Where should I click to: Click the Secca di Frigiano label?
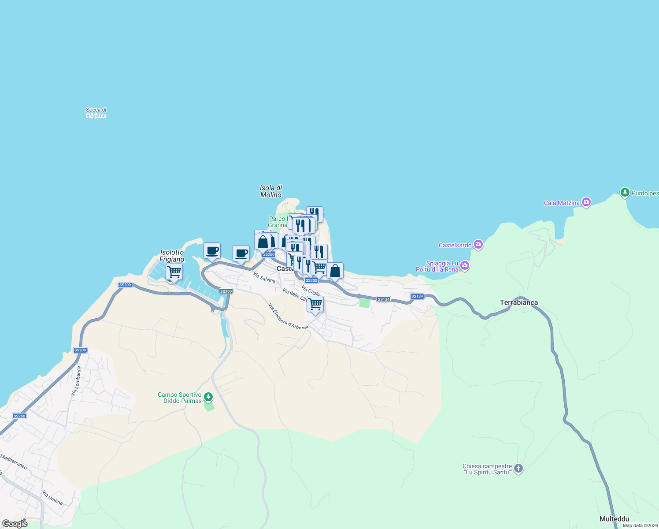pyautogui.click(x=96, y=113)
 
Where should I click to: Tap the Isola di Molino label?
pyautogui.click(x=271, y=191)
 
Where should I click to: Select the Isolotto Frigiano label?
pyautogui.click(x=172, y=256)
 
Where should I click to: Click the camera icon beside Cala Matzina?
pyautogui.click(x=586, y=202)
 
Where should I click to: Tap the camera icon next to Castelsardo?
pyautogui.click(x=478, y=245)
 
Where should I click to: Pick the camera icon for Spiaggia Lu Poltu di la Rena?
pyautogui.click(x=465, y=266)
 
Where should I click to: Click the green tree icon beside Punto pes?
pyautogui.click(x=625, y=193)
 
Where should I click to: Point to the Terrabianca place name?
pyautogui.click(x=518, y=302)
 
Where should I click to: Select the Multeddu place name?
pyautogui.click(x=614, y=519)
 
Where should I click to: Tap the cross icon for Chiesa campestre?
pyautogui.click(x=518, y=468)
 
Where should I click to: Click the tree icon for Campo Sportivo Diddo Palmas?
pyautogui.click(x=208, y=397)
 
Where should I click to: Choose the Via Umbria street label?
pyautogui.click(x=52, y=498)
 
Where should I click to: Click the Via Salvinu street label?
pyautogui.click(x=264, y=277)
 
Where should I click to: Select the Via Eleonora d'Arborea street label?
pyautogui.click(x=288, y=316)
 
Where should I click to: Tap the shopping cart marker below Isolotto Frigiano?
pyautogui.click(x=174, y=272)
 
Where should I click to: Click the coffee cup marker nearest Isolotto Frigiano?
pyautogui.click(x=212, y=251)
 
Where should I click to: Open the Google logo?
pyautogui.click(x=15, y=523)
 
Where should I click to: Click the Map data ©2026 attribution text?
pyautogui.click(x=640, y=525)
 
